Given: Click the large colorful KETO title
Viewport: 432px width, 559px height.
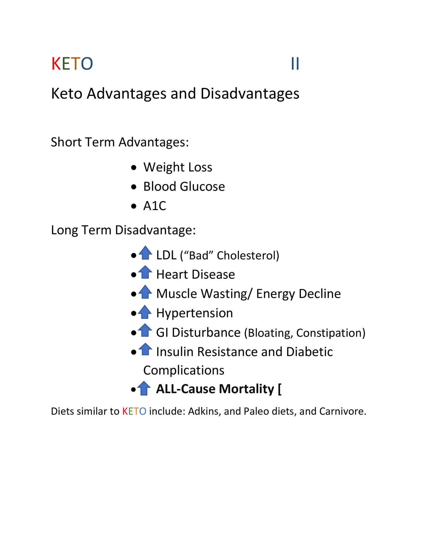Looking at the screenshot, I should point(72,64).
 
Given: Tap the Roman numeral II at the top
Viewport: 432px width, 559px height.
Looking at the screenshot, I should point(295,64).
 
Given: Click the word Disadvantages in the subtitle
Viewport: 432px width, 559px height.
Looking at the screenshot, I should point(250,94).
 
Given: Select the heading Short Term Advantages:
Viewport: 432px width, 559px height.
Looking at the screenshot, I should point(120,142).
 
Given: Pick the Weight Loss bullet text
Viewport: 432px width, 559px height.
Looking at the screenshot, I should point(178,167).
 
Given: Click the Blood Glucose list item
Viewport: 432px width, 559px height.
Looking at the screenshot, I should point(184,187).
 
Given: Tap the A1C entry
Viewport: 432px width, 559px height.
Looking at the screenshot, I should point(154,206).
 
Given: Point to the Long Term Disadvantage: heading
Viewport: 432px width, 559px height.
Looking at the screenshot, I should point(123,230).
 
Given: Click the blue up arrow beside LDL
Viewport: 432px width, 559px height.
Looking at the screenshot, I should point(146,253).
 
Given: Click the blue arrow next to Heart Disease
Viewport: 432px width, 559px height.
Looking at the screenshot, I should point(146,272).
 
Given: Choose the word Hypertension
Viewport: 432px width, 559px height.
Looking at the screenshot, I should point(194,313).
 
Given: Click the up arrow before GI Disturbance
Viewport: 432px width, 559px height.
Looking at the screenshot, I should point(145,330).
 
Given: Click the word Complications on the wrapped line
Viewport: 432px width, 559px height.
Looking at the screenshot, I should point(184,370).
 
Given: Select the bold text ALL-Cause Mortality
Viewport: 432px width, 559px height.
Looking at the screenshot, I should point(215,389).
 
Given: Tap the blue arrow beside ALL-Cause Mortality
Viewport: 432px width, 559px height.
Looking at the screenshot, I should point(144,388).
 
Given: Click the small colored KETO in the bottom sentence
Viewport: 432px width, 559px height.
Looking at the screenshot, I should point(134,411).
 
